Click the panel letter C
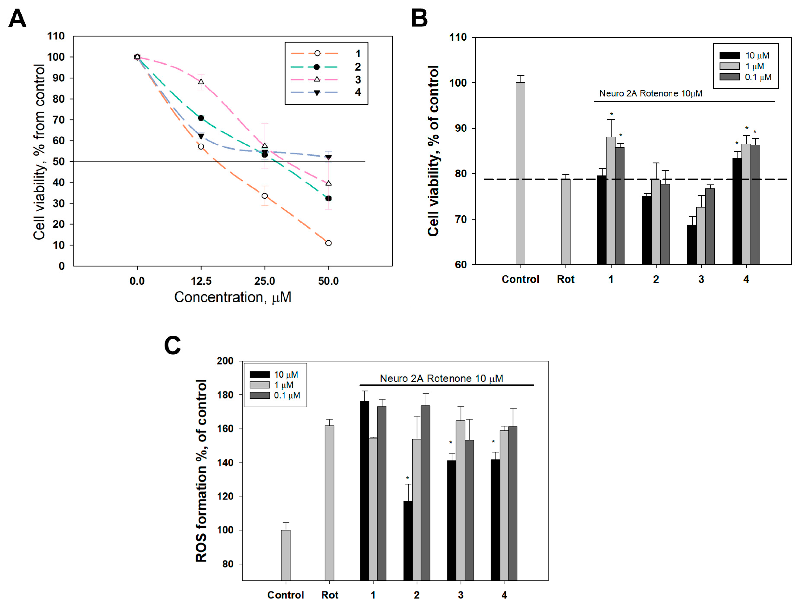click(172, 345)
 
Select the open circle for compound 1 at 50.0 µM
click(328, 243)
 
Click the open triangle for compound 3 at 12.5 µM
click(201, 81)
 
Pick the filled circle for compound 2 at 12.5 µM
click(201, 118)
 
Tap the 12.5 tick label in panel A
click(201, 281)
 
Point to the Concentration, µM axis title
click(233, 297)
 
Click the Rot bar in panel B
click(565, 221)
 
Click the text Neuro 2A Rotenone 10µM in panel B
click(650, 93)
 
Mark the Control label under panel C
click(285, 595)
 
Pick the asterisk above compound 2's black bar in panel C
click(407, 478)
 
